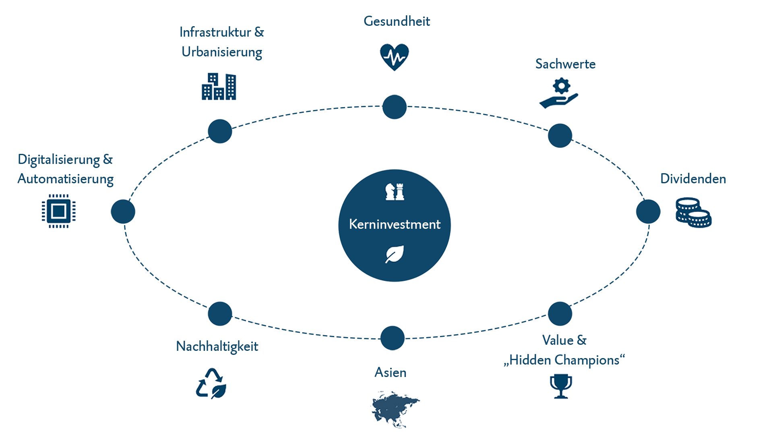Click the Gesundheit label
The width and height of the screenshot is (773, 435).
[x=397, y=21]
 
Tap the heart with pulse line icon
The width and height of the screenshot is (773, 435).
[x=394, y=56]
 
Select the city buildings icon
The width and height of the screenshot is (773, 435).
[x=219, y=87]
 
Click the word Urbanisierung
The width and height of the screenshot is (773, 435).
[x=222, y=52]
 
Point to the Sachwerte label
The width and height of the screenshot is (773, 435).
[x=565, y=64]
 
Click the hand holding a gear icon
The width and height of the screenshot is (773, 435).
[x=560, y=94]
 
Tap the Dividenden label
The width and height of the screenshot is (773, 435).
[x=693, y=178]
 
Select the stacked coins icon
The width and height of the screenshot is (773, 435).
[x=693, y=212]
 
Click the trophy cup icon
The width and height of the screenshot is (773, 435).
[x=561, y=386]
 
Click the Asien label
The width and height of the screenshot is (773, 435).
[x=390, y=373]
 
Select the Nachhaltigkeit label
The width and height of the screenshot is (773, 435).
[x=217, y=346]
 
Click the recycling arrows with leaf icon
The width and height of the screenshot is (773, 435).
[x=211, y=383]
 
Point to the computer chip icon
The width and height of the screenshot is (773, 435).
[x=59, y=211]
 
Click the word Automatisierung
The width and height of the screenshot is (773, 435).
[x=66, y=179]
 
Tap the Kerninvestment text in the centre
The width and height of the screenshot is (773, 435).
[x=395, y=224]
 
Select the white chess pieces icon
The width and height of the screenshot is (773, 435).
[x=395, y=192]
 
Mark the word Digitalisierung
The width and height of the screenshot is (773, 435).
[x=59, y=159]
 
